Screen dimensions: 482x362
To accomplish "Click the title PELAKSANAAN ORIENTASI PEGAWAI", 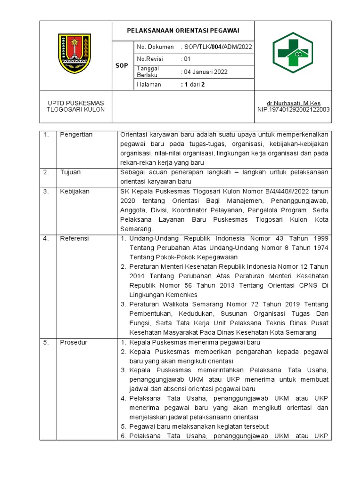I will pyautogui.click(x=183, y=31).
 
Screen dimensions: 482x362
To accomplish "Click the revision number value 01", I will pyautogui.click(x=187, y=59).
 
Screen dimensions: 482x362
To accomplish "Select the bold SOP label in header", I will pyautogui.click(x=122, y=66).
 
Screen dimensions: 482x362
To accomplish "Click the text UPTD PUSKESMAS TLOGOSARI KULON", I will pyautogui.click(x=75, y=106).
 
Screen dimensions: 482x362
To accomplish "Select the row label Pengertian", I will pyautogui.click(x=76, y=135).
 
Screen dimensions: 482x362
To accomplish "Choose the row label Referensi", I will pyautogui.click(x=74, y=239).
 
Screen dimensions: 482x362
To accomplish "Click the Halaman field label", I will pyautogui.click(x=148, y=85).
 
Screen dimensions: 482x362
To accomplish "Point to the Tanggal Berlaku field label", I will pyautogui.click(x=148, y=72).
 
